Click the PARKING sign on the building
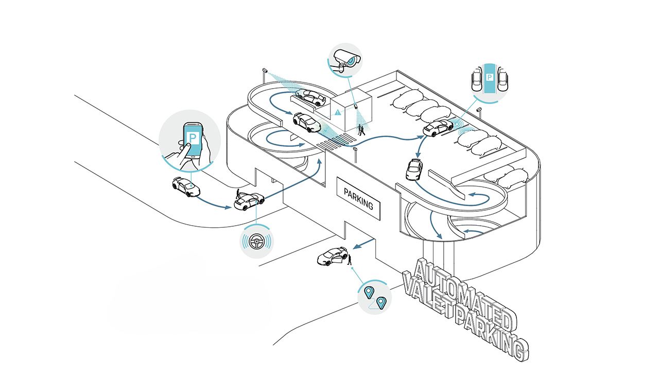coord(358,199)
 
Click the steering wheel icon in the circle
coord(256,241)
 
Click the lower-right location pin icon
coord(381,302)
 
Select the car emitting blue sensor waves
coord(437,128)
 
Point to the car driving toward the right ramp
coord(414,169)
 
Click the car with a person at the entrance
coord(249,200)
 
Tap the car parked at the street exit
coord(332,256)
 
